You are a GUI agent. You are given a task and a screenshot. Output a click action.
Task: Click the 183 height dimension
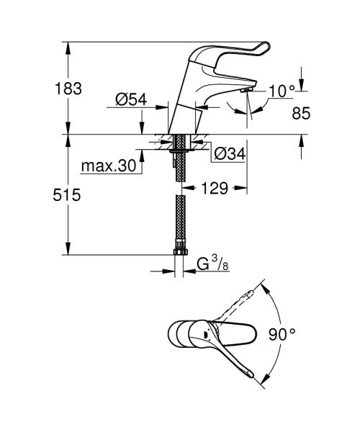pyautogui.click(x=68, y=89)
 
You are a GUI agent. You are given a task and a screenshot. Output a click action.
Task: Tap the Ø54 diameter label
pyautogui.click(x=131, y=101)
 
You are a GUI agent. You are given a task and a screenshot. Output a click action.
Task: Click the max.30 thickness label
pyautogui.click(x=108, y=166)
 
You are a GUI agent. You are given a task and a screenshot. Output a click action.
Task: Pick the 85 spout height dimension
pyautogui.click(x=301, y=114)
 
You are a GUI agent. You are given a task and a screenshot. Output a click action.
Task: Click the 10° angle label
pyautogui.click(x=282, y=91)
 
